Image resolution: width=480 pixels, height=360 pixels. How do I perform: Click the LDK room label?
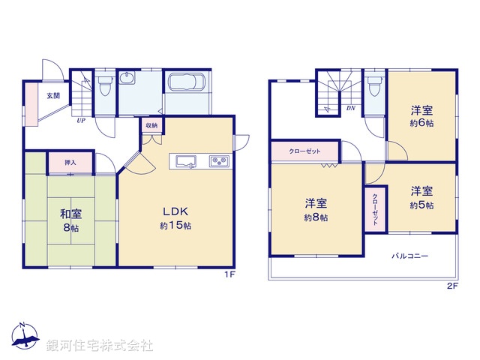(174, 211)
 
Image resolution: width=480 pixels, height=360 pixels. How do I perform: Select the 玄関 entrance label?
(53, 95)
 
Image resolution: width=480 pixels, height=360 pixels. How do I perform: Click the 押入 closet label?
(70, 162)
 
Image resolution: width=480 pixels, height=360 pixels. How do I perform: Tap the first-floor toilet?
(105, 87)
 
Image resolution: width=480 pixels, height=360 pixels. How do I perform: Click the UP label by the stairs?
(79, 119)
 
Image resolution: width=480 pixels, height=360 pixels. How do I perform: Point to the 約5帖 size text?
(421, 204)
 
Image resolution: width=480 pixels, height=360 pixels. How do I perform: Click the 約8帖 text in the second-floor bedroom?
(315, 217)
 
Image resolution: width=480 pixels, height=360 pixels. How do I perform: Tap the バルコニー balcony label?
(409, 256)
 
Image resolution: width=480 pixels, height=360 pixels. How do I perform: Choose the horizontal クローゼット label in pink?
(305, 151)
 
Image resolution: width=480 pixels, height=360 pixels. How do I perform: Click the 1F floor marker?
(229, 274)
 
